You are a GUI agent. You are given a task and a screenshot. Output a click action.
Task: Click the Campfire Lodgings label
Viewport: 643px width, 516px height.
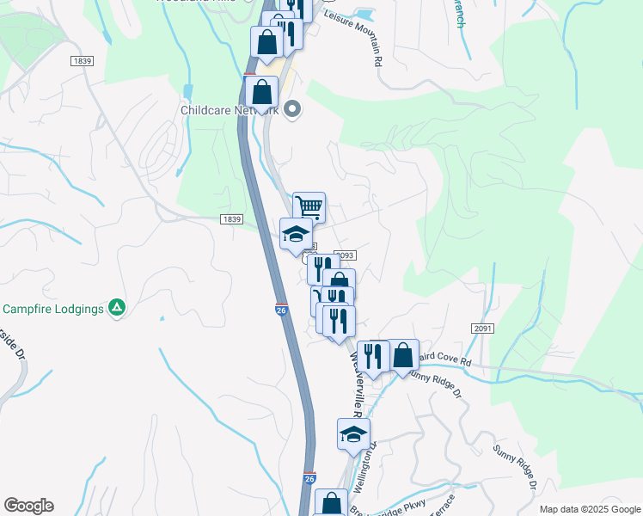[53, 308]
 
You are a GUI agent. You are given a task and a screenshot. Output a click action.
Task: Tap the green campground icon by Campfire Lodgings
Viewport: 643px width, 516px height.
[118, 308]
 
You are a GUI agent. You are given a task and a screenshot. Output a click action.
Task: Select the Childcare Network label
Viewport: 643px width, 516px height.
[230, 110]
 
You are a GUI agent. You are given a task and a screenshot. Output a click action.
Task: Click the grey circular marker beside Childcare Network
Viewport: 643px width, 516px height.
[292, 108]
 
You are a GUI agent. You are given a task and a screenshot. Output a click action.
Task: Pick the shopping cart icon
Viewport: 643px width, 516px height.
[309, 206]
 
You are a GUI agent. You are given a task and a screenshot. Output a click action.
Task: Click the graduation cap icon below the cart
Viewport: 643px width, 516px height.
[296, 233]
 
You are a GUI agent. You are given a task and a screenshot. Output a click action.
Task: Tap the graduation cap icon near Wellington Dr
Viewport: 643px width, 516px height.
[352, 433]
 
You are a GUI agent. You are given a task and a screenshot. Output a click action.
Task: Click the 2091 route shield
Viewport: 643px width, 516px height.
[482, 329]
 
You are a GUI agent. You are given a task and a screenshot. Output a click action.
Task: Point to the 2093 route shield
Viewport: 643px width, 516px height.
[345, 255]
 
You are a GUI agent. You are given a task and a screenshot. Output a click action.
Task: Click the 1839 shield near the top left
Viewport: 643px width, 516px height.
[83, 61]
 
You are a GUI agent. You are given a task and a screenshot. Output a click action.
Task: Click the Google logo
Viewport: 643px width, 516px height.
[28, 506]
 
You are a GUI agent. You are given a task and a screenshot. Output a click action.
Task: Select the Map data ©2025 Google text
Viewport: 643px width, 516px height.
[590, 509]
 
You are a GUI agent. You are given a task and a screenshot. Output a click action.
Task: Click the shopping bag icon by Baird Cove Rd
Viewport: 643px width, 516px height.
[402, 354]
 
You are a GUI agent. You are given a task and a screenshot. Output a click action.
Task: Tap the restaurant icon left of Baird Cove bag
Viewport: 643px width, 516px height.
[372, 354]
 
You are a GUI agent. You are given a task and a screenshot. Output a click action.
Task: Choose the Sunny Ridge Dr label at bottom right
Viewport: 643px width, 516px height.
[517, 467]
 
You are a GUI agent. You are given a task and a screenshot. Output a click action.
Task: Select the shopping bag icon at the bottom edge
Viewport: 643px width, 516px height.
[331, 504]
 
